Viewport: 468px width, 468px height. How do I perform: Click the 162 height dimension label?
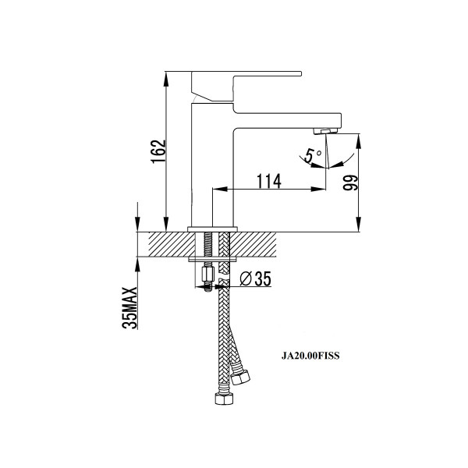[158, 151]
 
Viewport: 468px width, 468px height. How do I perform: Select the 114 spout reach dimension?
[269, 181]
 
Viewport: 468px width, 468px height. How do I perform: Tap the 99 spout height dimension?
[350, 183]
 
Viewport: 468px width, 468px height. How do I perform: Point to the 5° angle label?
[313, 155]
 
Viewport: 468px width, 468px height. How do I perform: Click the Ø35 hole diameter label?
[256, 278]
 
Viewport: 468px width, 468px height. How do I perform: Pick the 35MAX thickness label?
[129, 308]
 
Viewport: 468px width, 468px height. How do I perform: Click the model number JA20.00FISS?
[310, 356]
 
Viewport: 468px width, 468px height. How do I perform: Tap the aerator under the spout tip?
[325, 131]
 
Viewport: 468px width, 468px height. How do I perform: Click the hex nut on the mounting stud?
[208, 274]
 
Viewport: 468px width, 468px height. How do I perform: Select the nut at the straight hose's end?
[224, 399]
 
